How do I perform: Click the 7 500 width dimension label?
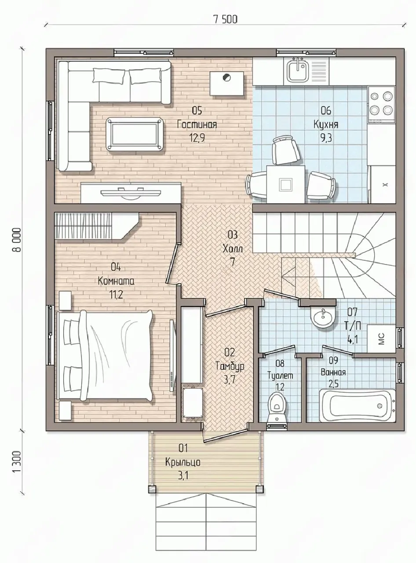[226, 19]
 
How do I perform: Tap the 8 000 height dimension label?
[18, 240]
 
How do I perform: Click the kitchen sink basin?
[297, 69]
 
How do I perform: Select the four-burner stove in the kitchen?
[382, 104]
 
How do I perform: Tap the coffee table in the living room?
[135, 134]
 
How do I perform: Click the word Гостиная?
[197, 124]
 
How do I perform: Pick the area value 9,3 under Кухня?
[326, 138]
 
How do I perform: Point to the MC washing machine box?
[381, 339]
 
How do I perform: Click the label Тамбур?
[230, 366]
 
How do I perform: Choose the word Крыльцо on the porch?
[183, 462]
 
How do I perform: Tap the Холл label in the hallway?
[233, 249]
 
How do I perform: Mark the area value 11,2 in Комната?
[116, 295]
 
